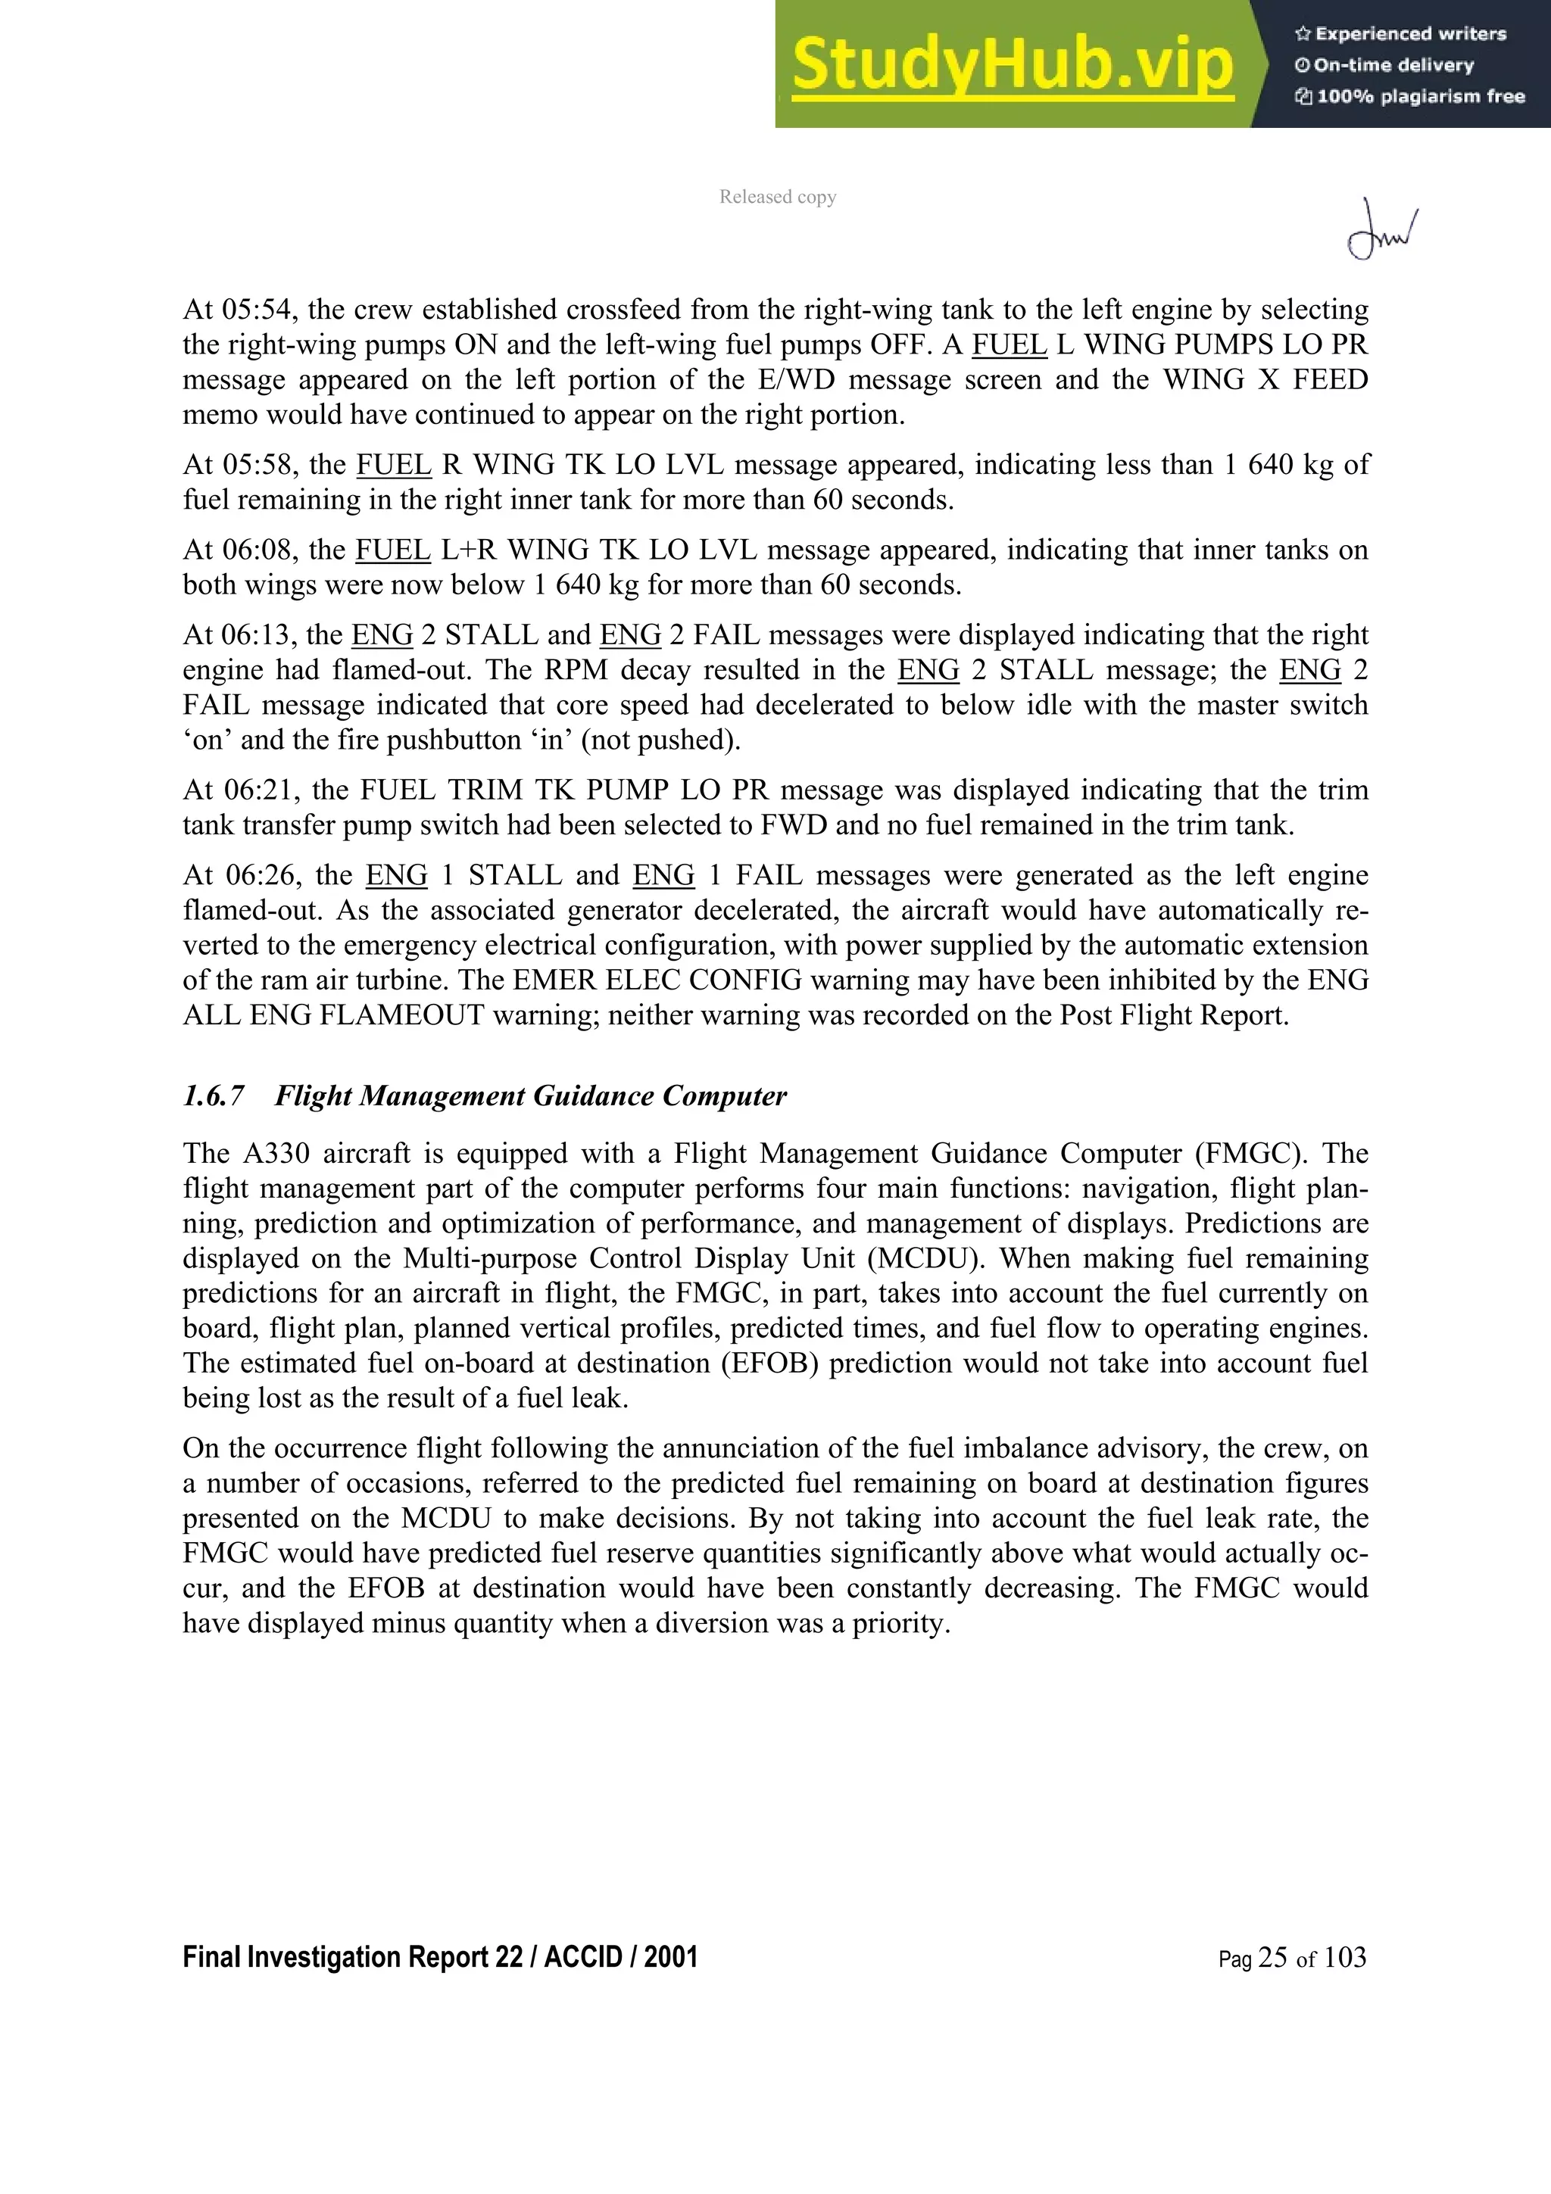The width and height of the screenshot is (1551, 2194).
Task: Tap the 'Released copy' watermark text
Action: click(778, 197)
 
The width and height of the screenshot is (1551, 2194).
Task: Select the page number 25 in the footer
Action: click(1273, 1958)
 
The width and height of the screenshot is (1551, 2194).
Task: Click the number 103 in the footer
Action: click(1344, 1958)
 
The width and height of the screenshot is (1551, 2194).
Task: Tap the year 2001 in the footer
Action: click(670, 1957)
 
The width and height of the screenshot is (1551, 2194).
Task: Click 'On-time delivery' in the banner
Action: click(1393, 65)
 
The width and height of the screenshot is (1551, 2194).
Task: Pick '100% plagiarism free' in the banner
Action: click(1420, 96)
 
